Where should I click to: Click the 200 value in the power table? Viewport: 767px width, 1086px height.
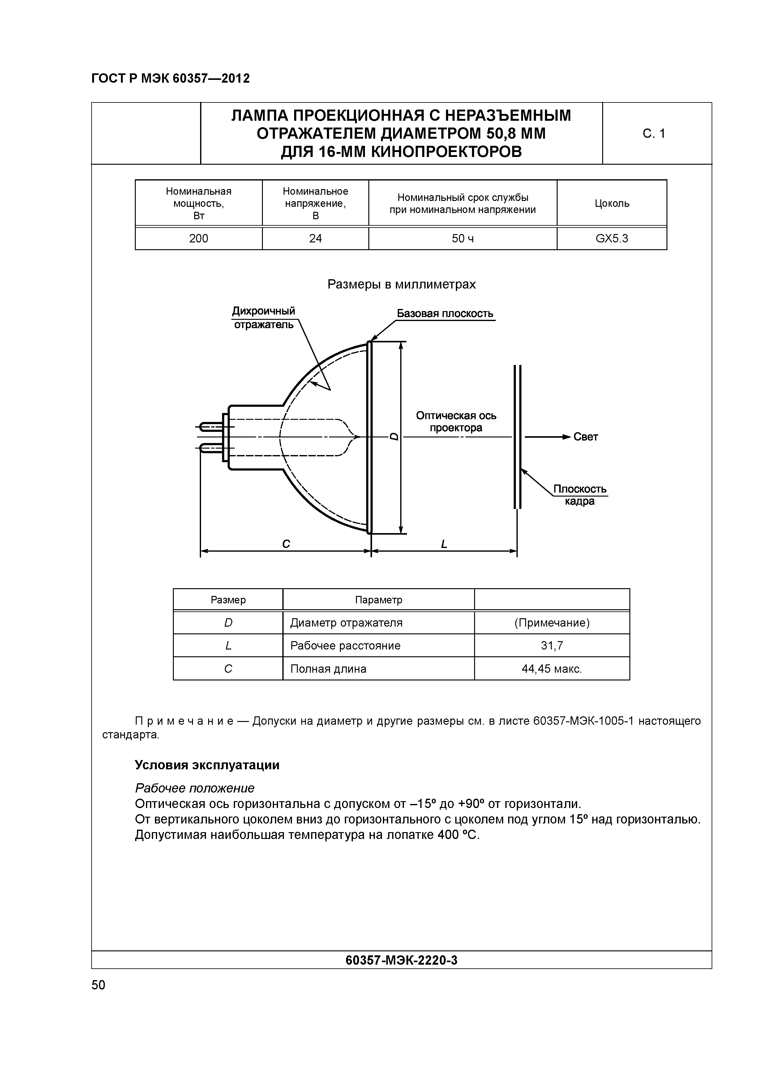pyautogui.click(x=199, y=238)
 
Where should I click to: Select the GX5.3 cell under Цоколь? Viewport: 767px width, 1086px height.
pyautogui.click(x=611, y=238)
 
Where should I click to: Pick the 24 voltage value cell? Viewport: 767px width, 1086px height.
pyautogui.click(x=315, y=238)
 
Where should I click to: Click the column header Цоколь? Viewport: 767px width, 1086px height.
pyautogui.click(x=611, y=203)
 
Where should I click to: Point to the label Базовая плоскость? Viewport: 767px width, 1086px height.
pyautogui.click(x=445, y=314)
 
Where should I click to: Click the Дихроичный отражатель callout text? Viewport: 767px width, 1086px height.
pyautogui.click(x=264, y=317)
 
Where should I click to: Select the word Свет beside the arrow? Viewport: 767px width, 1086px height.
pyautogui.click(x=585, y=437)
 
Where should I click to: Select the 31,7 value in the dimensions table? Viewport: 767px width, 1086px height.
pyautogui.click(x=551, y=646)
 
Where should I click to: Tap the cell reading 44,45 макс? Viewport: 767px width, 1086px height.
pyautogui.click(x=551, y=669)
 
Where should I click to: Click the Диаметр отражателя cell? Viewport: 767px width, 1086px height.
pyautogui.click(x=346, y=623)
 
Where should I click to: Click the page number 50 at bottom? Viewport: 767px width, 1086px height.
pyautogui.click(x=98, y=985)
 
